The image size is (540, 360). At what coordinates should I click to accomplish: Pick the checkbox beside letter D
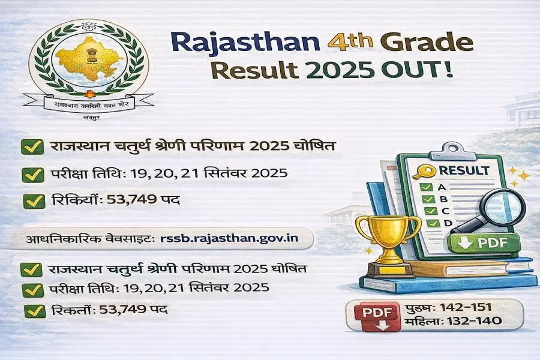coord(428,223)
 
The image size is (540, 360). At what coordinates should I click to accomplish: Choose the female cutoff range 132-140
coord(471,323)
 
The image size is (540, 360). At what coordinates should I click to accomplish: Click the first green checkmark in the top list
coord(31,146)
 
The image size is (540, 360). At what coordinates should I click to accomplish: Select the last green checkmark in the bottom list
coord(31,311)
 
